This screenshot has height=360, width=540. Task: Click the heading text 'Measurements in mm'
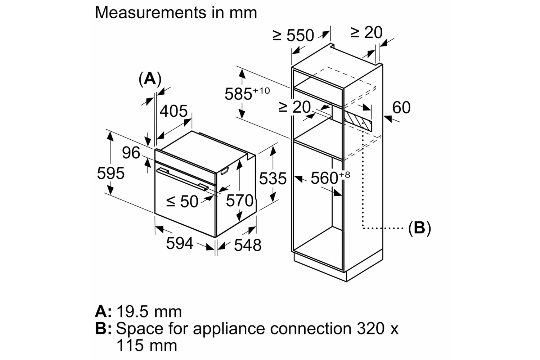pos(176,13)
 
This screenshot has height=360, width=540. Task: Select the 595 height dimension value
pos(111,173)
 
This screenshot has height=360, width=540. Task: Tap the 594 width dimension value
pos(179,243)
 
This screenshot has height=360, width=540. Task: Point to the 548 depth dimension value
pos(247,245)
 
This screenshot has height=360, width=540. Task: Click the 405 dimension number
pos(174,111)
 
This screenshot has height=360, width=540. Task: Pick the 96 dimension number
pos(131,153)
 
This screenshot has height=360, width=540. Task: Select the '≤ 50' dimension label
pos(182,202)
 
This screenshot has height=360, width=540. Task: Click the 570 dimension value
pos(239,201)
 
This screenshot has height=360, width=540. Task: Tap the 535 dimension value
pos(273,179)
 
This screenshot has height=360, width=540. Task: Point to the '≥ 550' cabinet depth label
pos(293,35)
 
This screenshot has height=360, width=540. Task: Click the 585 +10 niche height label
pos(247,94)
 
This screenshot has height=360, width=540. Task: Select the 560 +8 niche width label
pos(330,178)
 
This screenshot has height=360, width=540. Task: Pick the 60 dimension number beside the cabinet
pos(401,108)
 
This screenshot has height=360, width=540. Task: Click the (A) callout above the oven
pos(150,79)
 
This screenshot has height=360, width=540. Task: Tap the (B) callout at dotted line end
pos(419,228)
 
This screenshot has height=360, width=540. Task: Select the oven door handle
pos(182,179)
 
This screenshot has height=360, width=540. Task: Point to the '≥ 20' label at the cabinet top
pos(366,33)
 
